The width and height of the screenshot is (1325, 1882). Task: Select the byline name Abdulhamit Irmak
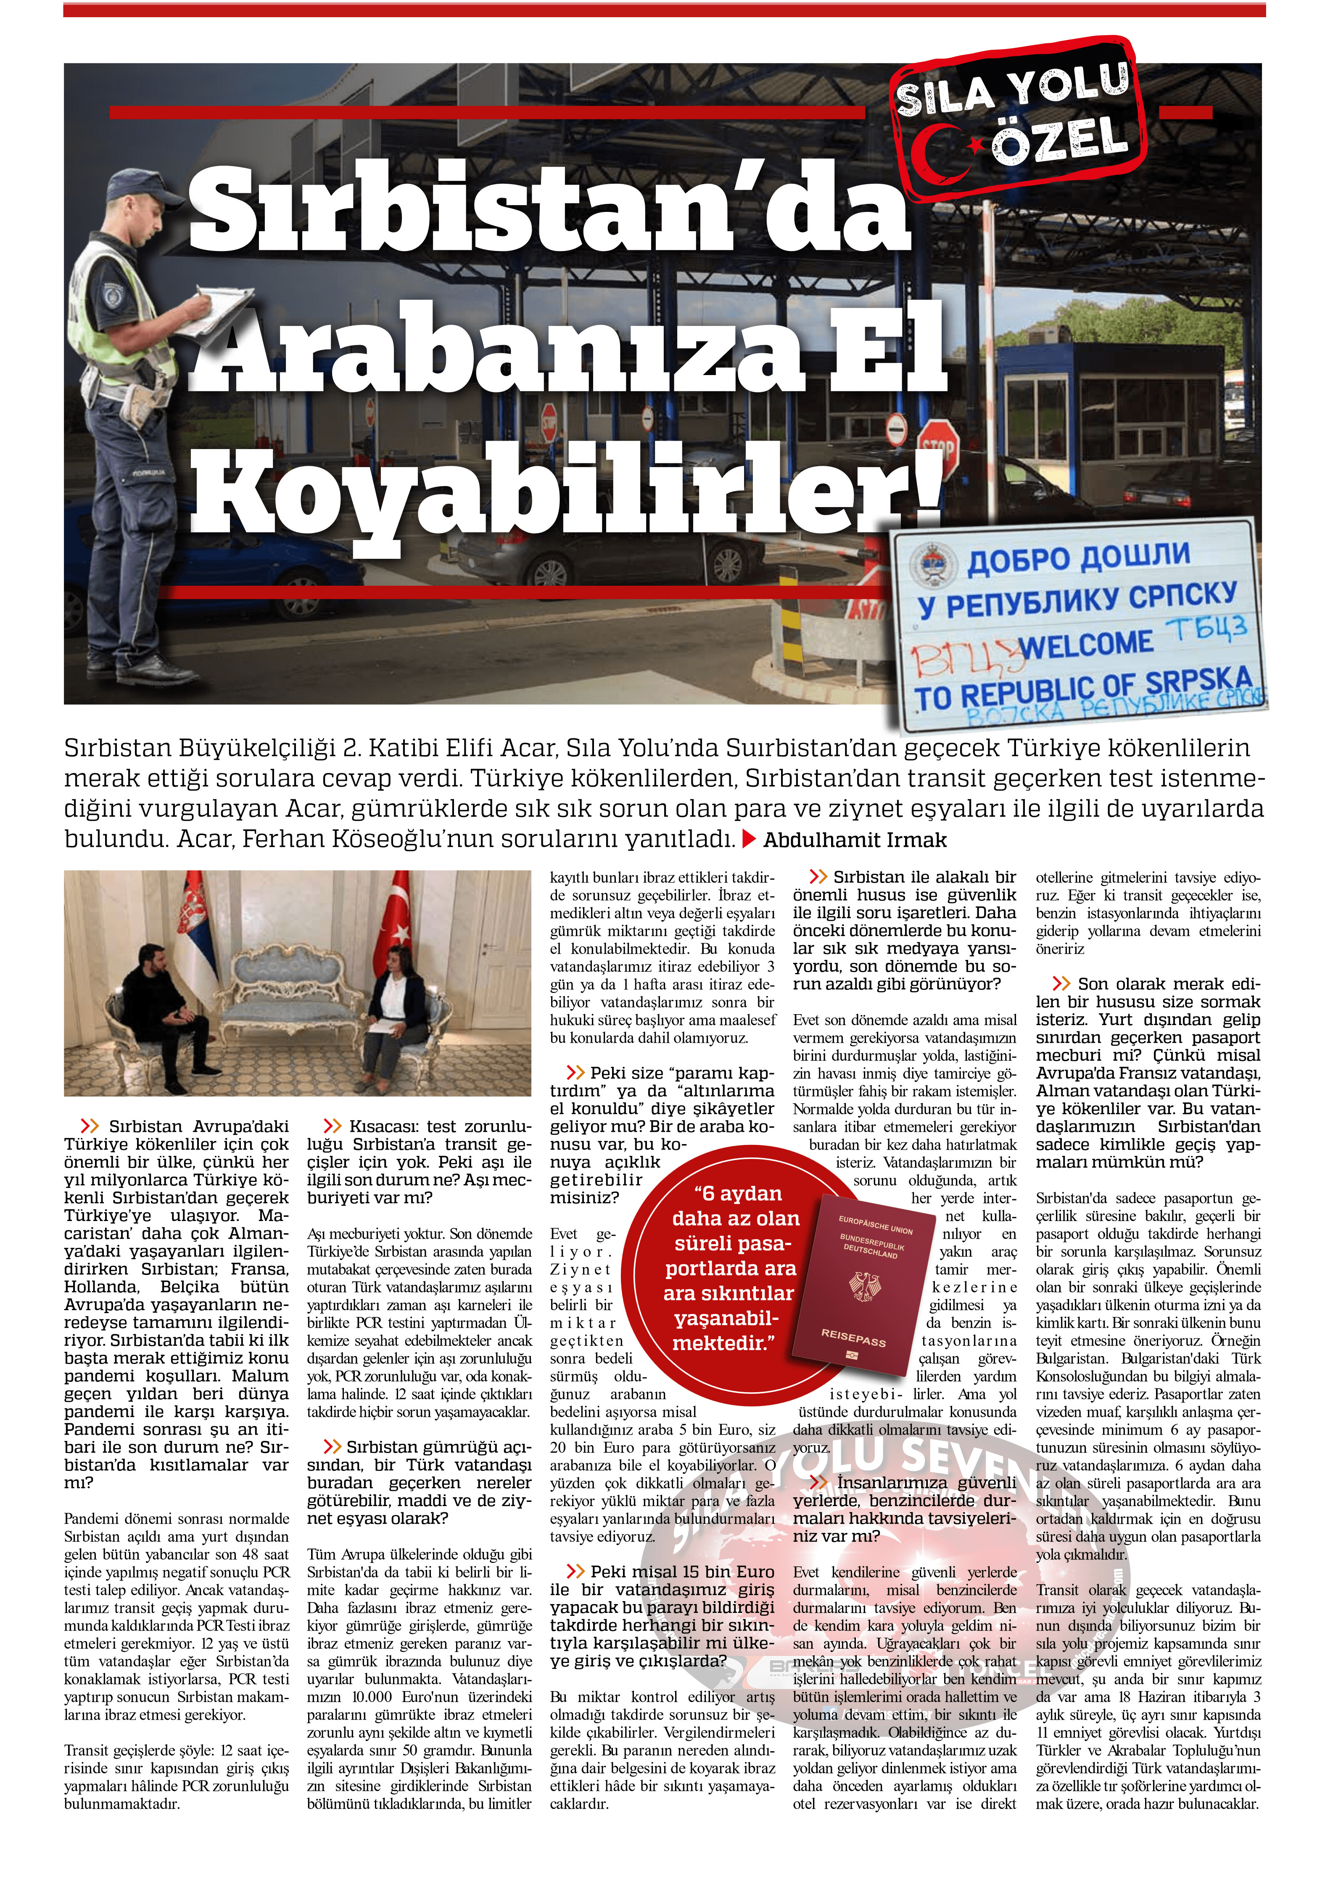tap(855, 840)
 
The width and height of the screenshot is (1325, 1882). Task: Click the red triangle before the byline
tap(749, 839)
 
